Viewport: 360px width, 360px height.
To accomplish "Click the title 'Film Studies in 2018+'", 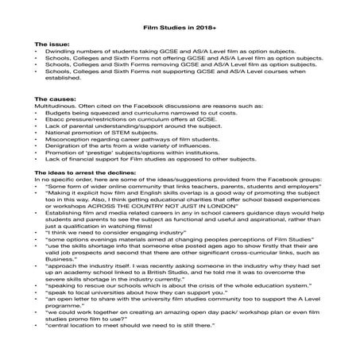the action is [180, 26].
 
